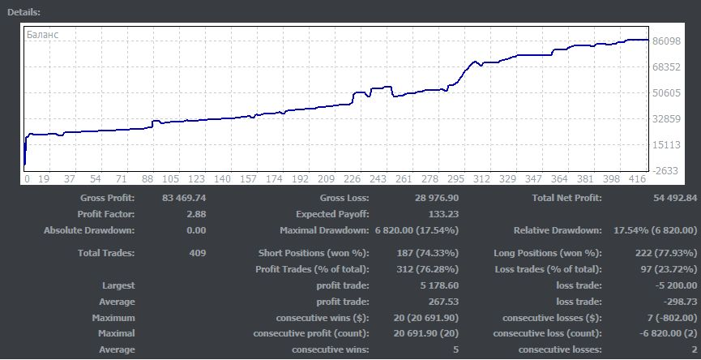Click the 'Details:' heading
(24, 12)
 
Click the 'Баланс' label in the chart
(42, 35)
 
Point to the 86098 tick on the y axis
(665, 41)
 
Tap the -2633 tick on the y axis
(666, 170)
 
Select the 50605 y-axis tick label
(665, 93)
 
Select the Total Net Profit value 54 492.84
(663, 199)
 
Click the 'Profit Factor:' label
(106, 215)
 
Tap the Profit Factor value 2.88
(197, 215)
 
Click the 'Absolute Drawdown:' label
(89, 231)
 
